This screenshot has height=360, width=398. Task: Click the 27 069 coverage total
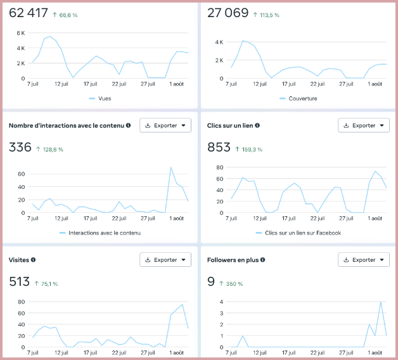click(x=228, y=13)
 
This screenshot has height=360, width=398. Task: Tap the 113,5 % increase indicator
click(x=268, y=15)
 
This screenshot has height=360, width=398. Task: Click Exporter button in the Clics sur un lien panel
click(x=363, y=125)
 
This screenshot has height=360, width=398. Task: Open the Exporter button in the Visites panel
click(x=165, y=259)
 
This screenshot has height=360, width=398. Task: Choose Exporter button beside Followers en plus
click(x=363, y=259)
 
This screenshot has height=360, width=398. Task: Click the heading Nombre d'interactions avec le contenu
click(x=66, y=125)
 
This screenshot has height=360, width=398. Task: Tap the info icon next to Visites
click(x=34, y=259)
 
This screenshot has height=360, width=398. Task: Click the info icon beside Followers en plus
click(x=262, y=259)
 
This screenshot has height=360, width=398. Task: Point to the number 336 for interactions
click(x=20, y=148)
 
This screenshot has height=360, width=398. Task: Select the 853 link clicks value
click(x=219, y=148)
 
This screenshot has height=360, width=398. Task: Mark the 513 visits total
click(x=20, y=281)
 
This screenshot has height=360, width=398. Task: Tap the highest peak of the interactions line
click(x=171, y=167)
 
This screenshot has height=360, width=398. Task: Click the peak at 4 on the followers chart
click(x=381, y=302)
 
